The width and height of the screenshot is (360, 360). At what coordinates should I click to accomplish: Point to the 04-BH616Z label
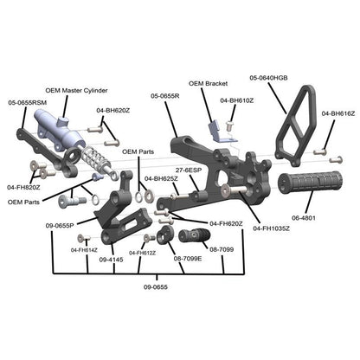[x=338, y=113]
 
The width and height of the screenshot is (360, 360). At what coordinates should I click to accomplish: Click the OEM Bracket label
[x=207, y=84]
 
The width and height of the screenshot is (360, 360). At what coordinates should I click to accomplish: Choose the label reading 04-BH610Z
[x=236, y=100]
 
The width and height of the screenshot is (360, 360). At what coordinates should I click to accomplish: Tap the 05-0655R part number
[x=164, y=96]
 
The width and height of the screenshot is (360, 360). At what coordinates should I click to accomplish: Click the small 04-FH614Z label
[x=84, y=250]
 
